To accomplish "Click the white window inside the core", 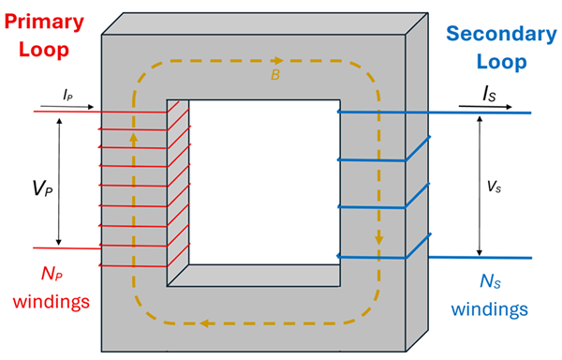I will click(262, 178).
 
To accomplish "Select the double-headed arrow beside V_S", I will click(479, 185).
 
